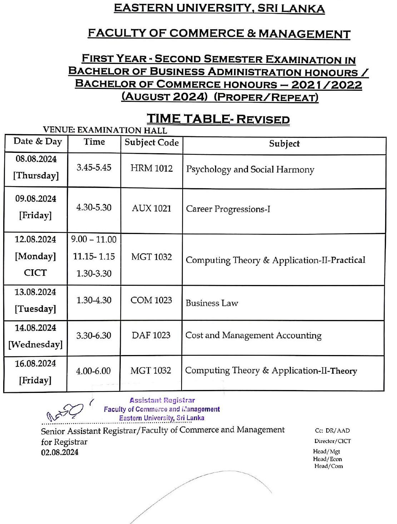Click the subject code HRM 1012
tap(152, 168)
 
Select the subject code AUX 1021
tap(152, 208)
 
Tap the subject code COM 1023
tap(151, 300)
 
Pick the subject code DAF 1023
tap(151, 335)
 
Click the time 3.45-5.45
tap(94, 168)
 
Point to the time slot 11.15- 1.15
tap(94, 256)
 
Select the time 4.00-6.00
tap(93, 371)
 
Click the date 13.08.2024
tap(35, 292)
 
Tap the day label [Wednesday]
tap(35, 344)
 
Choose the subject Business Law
tap(212, 303)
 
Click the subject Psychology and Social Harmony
tap(250, 169)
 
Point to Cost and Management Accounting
tap(253, 335)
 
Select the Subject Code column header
tap(152, 143)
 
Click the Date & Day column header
tap(38, 141)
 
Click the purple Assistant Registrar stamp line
tap(162, 400)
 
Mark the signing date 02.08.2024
tap(60, 452)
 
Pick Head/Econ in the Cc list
tap(327, 459)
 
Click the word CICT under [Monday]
tap(35, 273)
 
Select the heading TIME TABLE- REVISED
tap(218, 119)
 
